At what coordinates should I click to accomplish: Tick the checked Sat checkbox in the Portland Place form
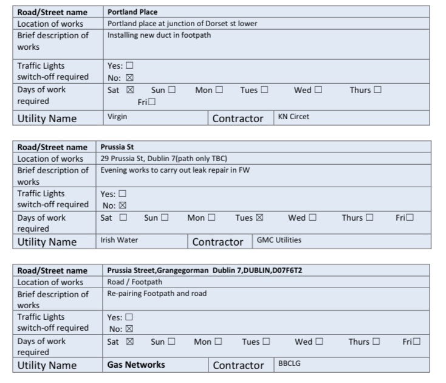(x=130, y=90)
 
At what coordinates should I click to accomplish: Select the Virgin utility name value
(x=117, y=117)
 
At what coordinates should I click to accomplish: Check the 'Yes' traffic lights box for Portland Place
(x=129, y=66)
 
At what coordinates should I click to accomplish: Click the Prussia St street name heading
(x=117, y=147)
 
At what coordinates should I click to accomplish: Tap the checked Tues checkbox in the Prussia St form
(x=259, y=218)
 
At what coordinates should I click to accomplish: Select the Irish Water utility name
(x=119, y=240)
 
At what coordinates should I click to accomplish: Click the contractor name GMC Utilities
(x=279, y=240)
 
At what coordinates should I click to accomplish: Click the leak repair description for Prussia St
(x=175, y=170)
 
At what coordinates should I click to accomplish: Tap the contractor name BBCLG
(x=289, y=363)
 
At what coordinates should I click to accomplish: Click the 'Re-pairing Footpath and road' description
(x=157, y=294)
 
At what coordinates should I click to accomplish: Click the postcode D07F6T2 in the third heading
(x=286, y=271)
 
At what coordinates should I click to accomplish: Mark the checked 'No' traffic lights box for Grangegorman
(x=129, y=329)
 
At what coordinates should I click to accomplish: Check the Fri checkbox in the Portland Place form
(x=151, y=102)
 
